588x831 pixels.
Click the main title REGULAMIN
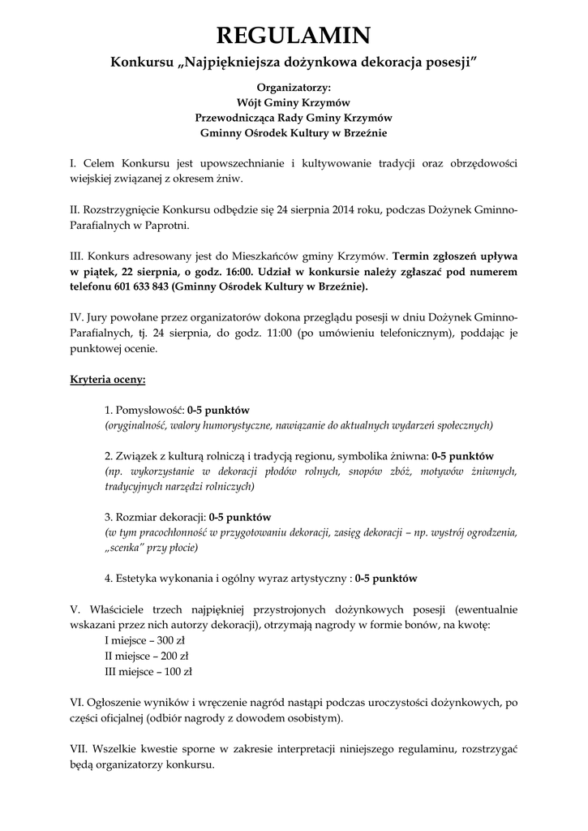click(294, 35)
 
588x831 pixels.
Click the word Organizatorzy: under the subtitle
click(294, 87)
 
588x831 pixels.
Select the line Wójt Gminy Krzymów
click(294, 102)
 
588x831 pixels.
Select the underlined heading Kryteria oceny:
click(108, 379)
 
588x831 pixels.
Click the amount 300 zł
click(172, 640)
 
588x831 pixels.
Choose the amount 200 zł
click(174, 656)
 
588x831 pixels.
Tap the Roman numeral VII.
click(80, 748)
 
